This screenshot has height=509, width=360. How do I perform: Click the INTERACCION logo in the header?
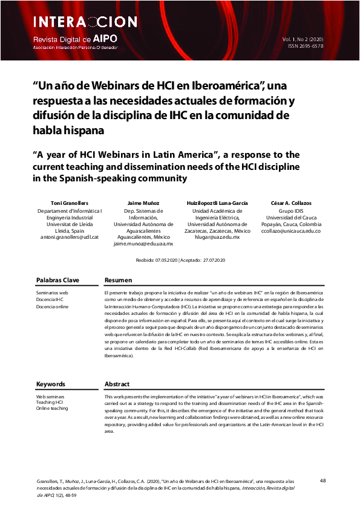[85, 22]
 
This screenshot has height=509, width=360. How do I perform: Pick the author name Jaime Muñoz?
[143, 204]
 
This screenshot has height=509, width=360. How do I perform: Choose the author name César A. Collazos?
[291, 204]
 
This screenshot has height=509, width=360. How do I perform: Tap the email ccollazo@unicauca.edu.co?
[291, 231]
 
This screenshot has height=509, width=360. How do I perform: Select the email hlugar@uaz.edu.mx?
[216, 238]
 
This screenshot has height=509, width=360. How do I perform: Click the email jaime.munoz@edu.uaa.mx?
[143, 244]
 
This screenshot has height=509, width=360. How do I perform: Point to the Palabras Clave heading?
[57, 280]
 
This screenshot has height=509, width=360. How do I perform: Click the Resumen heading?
[119, 280]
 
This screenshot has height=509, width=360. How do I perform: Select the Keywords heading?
[51, 384]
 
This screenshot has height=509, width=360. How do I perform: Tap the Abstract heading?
[117, 384]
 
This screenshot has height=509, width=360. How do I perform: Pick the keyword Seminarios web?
[52, 293]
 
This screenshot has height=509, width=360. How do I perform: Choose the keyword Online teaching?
[52, 409]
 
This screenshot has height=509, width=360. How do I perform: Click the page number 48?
[322, 481]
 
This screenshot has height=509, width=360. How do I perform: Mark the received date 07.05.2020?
[165, 260]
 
